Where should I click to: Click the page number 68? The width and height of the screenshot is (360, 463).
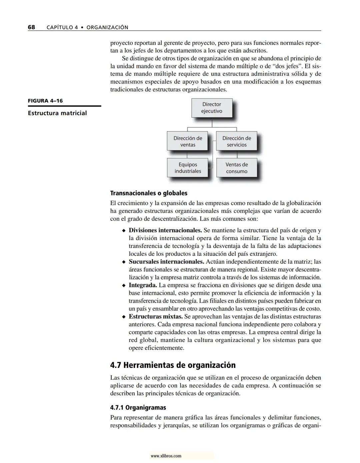click(31, 27)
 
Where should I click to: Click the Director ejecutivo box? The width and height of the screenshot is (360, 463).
click(212, 108)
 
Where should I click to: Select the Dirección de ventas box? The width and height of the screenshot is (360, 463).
click(187, 141)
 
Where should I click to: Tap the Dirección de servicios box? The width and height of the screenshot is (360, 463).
click(237, 141)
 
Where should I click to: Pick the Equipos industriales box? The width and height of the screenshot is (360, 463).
click(187, 168)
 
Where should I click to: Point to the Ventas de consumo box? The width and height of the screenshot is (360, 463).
click(237, 168)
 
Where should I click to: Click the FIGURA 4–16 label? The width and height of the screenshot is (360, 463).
click(45, 101)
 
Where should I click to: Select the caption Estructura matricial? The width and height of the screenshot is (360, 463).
click(57, 113)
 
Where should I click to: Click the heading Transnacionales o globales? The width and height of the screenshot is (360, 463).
click(149, 193)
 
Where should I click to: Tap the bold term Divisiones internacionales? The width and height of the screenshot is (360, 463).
click(165, 230)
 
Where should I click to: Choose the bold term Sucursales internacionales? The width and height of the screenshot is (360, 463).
click(166, 262)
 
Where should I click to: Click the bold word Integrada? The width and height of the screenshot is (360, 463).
click(143, 285)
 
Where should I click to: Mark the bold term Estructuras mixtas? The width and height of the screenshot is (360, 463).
click(155, 316)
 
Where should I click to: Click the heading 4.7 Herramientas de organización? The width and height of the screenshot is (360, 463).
click(173, 365)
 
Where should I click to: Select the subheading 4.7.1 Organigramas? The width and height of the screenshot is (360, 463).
click(138, 408)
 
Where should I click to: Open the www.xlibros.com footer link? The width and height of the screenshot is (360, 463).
click(166, 456)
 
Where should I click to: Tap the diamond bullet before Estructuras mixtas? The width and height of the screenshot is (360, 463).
click(124, 317)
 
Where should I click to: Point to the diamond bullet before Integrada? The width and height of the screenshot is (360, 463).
click(124, 286)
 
